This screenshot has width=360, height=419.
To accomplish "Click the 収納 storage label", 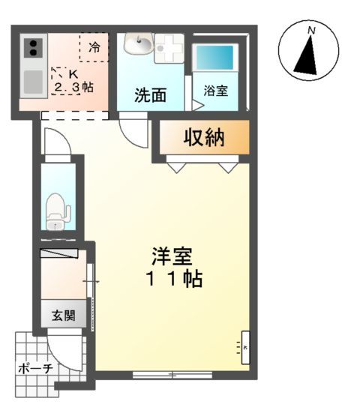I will pyautogui.click(x=204, y=138).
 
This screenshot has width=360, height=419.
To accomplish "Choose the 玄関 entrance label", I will pyautogui.click(x=63, y=316).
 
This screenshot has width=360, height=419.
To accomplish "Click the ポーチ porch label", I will pyautogui.click(x=34, y=368).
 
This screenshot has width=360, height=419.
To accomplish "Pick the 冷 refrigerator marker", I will pyautogui.click(x=95, y=46).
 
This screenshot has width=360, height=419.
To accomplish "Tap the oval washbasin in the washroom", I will pyautogui.click(x=137, y=46).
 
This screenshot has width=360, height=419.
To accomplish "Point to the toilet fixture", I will pyautogui.click(x=55, y=211).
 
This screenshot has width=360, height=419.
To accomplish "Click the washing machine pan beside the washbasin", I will pyautogui.click(x=169, y=47).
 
